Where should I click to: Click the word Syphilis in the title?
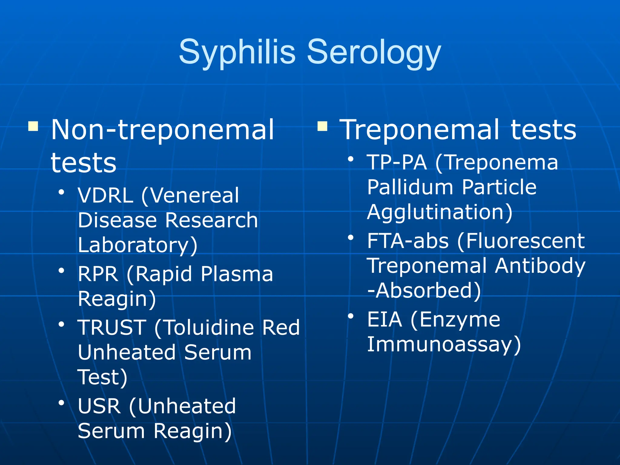[x=237, y=52]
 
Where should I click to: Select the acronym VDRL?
[x=105, y=195]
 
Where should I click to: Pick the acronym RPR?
[x=98, y=274]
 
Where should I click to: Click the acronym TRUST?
[x=112, y=328]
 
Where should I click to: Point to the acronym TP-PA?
[x=397, y=163]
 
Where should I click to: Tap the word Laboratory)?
[x=138, y=245]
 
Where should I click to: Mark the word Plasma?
[x=237, y=274]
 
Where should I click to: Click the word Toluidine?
[x=209, y=328]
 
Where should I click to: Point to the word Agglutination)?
[x=440, y=212]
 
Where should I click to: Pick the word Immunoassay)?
[x=444, y=345]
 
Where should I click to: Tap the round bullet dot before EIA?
[x=351, y=316]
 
